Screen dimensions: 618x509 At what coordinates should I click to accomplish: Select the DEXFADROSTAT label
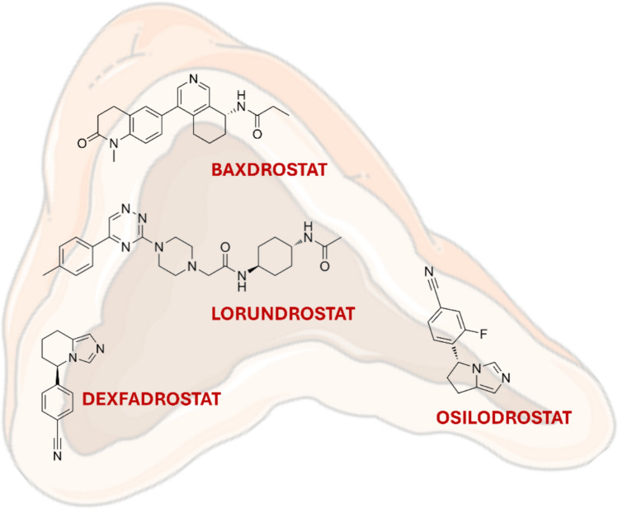click(151, 400)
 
